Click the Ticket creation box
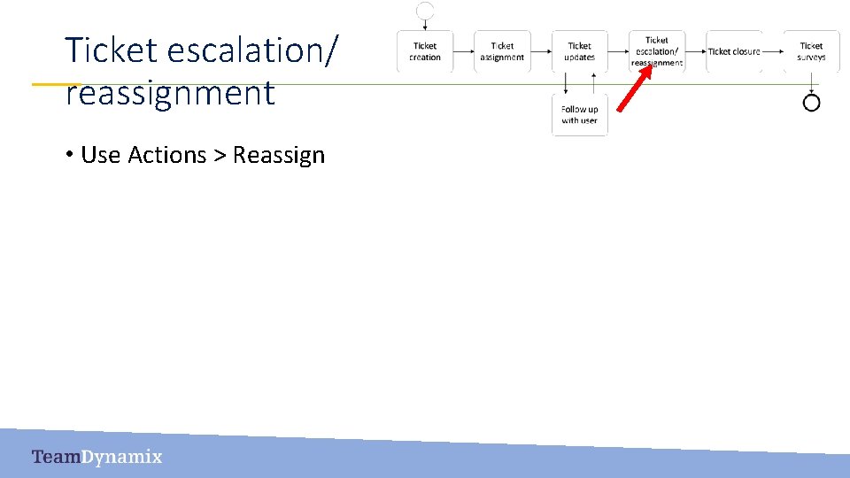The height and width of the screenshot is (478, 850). coord(425,51)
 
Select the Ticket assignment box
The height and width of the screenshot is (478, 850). coord(502,51)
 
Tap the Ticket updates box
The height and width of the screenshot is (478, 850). coord(580,51)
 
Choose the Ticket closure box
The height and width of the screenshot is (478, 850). coord(734,51)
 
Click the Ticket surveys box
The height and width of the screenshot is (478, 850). coord(811,51)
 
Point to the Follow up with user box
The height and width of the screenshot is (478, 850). coord(580,115)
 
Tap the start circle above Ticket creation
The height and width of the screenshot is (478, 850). coord(425,11)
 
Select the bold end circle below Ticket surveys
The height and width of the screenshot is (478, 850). coord(811,103)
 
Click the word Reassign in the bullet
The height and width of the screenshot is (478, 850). coord(279,155)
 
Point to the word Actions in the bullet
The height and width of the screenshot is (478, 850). coord(167,155)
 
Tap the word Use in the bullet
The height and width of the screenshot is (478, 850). coord(100,155)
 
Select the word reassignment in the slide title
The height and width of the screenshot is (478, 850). coord(170,92)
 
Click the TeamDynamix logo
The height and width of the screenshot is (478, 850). coord(97,457)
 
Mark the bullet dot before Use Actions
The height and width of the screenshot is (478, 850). coord(68,156)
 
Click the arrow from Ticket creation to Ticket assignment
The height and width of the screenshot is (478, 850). coord(463,51)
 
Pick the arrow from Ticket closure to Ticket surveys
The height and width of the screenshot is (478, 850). coord(772,51)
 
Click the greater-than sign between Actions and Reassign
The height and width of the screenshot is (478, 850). coord(220,156)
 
